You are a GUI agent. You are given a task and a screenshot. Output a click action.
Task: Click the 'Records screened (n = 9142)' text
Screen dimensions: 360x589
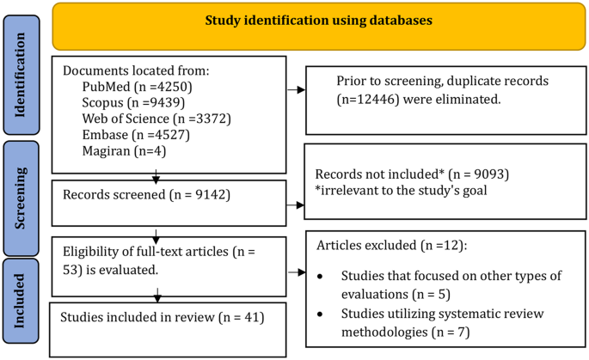pos(134,194)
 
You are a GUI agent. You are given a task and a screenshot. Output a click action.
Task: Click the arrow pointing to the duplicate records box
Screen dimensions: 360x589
pos(298,88)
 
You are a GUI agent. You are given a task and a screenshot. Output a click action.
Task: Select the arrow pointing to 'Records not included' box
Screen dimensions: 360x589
pos(298,204)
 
